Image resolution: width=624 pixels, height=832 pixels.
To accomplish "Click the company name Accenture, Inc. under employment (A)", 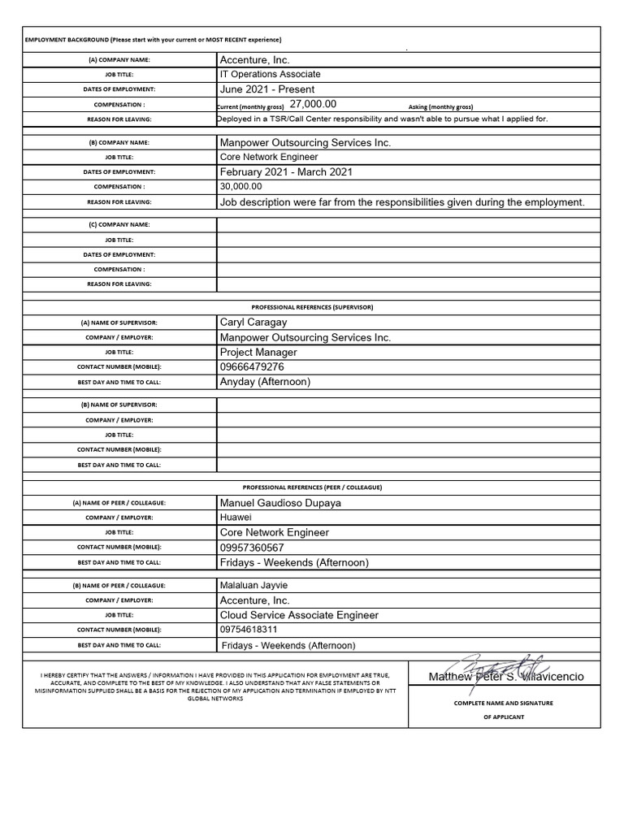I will pyautogui.click(x=254, y=60).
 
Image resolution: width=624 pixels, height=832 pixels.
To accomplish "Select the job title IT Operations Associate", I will pyautogui.click(x=270, y=75).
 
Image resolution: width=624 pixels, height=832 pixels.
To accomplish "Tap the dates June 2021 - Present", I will pyautogui.click(x=266, y=89).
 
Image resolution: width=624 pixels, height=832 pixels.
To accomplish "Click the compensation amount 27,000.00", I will pyautogui.click(x=313, y=105).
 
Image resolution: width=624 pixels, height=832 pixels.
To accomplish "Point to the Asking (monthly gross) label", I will pyautogui.click(x=440, y=106).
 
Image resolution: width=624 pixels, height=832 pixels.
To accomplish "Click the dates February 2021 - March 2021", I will pyautogui.click(x=286, y=172).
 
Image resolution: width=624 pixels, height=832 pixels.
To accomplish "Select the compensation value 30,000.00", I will pyautogui.click(x=241, y=187).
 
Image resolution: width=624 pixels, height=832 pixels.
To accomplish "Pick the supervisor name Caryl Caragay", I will pyautogui.click(x=253, y=323).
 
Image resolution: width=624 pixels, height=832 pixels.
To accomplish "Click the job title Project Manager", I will pyautogui.click(x=258, y=353).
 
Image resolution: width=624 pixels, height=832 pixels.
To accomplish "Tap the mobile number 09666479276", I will pyautogui.click(x=252, y=367).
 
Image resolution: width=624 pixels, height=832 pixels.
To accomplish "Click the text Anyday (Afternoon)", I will pyautogui.click(x=265, y=382).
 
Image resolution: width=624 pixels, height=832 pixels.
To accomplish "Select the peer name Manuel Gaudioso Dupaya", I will pyautogui.click(x=280, y=503).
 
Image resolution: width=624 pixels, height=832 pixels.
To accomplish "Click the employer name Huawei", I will pyautogui.click(x=236, y=518).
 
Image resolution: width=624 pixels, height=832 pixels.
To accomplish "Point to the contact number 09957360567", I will pyautogui.click(x=252, y=548).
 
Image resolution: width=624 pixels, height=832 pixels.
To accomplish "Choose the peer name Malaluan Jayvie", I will pyautogui.click(x=253, y=586).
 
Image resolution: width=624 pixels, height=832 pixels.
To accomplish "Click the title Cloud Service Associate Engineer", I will pyautogui.click(x=299, y=616).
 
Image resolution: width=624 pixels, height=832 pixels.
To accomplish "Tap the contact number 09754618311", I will pyautogui.click(x=249, y=630).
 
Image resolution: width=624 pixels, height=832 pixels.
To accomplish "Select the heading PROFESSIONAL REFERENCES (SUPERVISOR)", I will pyautogui.click(x=312, y=307).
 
